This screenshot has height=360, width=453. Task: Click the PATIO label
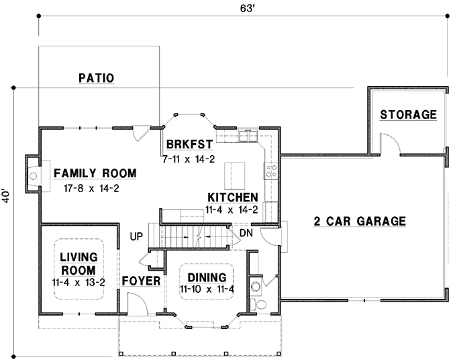pyautogui.click(x=96, y=78)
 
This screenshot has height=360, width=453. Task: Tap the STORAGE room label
pyautogui.click(x=408, y=114)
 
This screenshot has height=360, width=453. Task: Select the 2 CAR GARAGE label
pyautogui.click(x=360, y=220)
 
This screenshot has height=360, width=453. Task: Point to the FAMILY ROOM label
pyautogui.click(x=95, y=173)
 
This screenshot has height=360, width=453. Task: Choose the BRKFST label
pyautogui.click(x=189, y=144)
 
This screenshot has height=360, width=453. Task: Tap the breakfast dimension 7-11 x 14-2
pyautogui.click(x=188, y=159)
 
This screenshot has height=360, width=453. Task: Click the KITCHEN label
pyautogui.click(x=232, y=197)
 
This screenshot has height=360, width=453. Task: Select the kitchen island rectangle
pyautogui.click(x=235, y=175)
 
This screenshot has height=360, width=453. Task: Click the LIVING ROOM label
pyautogui.click(x=78, y=263)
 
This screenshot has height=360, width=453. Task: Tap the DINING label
pyautogui.click(x=206, y=277)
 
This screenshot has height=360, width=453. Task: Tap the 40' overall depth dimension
pyautogui.click(x=6, y=195)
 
